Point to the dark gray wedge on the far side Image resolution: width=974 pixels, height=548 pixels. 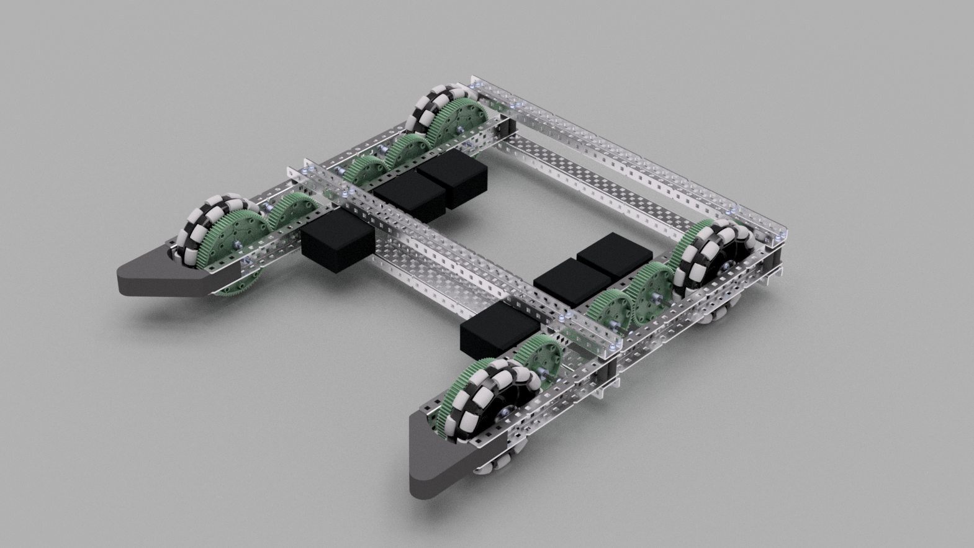point(168,273)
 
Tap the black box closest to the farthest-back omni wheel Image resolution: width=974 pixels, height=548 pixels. point(452,176)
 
